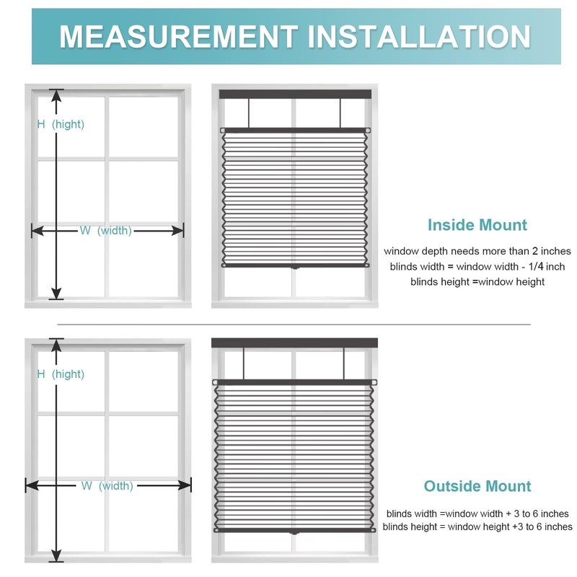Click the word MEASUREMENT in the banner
coord(177,36)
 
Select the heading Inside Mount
coord(477,224)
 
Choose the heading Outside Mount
coord(477,486)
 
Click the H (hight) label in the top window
coord(61,124)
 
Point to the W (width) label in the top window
coord(105,231)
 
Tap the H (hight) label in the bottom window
coord(61,374)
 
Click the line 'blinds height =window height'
coord(477,282)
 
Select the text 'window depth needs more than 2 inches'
coord(477,251)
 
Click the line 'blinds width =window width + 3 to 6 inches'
coord(477,514)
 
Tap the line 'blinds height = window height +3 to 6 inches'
coord(477,527)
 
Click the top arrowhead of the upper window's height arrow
coord(56,93)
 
